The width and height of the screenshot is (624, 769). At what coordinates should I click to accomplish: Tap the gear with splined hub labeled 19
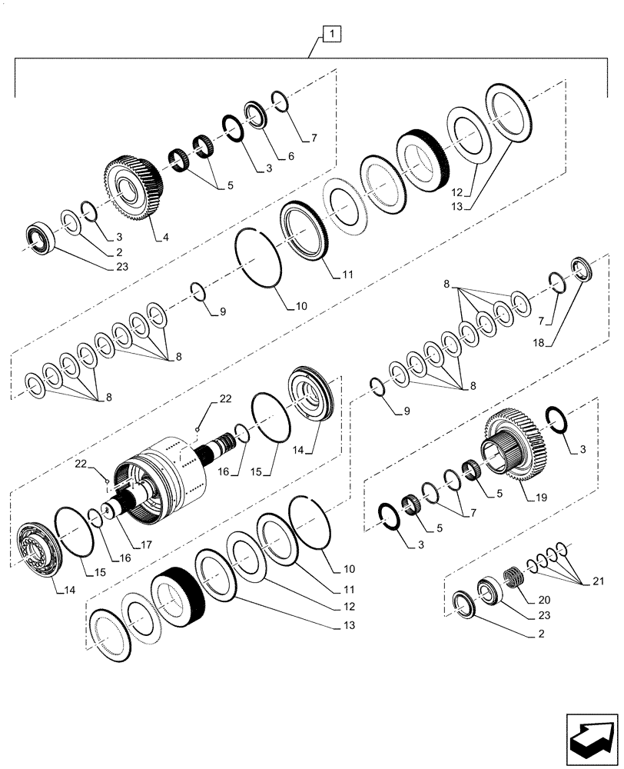[x=510, y=448]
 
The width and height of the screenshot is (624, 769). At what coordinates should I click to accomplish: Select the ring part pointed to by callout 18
[x=583, y=271]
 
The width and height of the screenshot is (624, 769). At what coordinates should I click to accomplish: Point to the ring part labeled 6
[x=254, y=113]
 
